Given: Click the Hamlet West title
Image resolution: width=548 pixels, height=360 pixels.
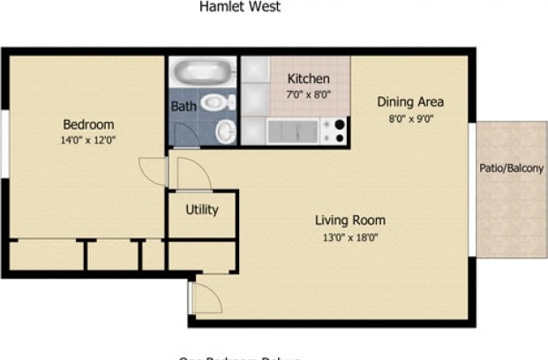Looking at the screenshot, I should pos(240,7).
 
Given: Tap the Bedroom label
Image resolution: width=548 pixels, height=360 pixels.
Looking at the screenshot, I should pos(87,124).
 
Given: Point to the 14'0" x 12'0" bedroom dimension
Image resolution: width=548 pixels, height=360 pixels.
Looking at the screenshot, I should pos(87,139).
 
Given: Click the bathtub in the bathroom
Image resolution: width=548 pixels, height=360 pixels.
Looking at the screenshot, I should pos(202,71).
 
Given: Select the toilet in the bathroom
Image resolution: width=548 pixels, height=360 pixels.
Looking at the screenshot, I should pos(217,102).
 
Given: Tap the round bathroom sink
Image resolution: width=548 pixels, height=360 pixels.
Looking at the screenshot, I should pos(226,131).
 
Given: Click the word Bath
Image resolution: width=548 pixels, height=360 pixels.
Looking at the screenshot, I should pos(184,108).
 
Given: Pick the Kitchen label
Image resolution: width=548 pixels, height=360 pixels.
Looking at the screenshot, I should pos(309,79).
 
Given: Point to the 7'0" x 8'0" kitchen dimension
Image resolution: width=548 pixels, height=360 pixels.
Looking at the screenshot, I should pos(309,94).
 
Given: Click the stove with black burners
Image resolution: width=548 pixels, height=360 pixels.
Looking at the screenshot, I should pos(334,131).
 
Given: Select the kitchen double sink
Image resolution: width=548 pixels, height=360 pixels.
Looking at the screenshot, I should pos(292,131).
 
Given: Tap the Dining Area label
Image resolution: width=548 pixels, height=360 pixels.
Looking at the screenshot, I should pos(409,101).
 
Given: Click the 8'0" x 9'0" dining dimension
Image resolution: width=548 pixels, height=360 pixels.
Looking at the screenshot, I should pos(409,117).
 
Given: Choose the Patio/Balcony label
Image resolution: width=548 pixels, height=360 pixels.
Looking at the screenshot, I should pos(511,169).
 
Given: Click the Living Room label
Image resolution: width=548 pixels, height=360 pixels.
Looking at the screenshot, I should pos(350,220).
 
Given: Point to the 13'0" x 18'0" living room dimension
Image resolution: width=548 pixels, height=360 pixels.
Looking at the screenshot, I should pos(350,236).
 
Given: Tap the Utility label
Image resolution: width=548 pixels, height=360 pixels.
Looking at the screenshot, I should pos(201,210).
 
